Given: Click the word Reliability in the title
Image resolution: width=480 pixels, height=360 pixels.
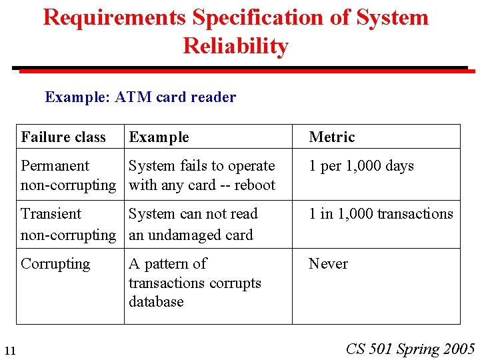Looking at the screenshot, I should click(235, 46).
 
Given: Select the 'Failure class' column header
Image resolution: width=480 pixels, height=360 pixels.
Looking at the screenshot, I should click(63, 137).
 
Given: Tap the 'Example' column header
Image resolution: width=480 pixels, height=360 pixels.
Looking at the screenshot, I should click(159, 137).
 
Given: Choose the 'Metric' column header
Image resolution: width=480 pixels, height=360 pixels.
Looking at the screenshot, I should click(332, 137).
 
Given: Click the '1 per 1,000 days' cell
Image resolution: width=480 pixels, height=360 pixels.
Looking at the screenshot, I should click(361, 166).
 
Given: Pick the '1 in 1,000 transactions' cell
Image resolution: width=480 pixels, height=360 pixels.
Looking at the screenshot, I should click(381, 214).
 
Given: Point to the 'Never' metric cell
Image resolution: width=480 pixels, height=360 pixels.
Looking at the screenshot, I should click(328, 264).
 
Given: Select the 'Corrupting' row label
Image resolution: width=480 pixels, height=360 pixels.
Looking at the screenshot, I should click(55, 264).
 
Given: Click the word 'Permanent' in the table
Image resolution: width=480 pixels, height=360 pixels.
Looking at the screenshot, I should click(55, 166).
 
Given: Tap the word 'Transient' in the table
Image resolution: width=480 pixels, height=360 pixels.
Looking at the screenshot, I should click(51, 214).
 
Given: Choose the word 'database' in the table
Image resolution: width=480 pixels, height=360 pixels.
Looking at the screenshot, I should click(156, 302).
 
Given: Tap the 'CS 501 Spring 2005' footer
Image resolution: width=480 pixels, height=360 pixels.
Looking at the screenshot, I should click(410, 349).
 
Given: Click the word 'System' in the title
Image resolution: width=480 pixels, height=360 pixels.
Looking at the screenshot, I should click(392, 17).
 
